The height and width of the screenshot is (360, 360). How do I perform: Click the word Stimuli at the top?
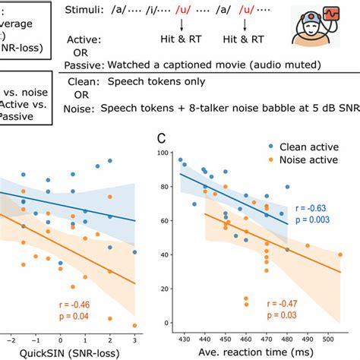coord(94,10)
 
